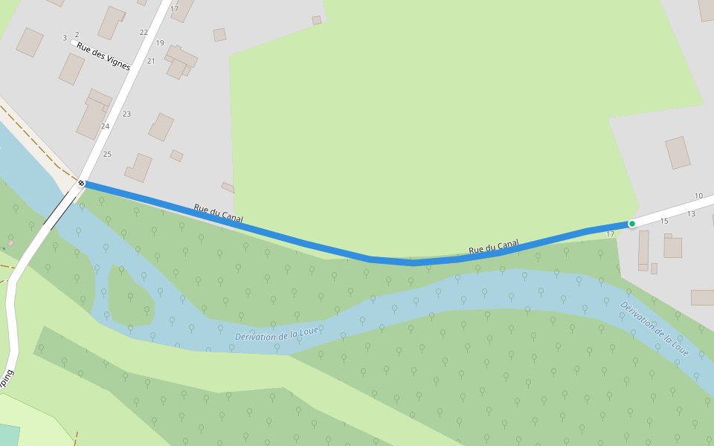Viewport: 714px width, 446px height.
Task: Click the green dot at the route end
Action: coord(632,224)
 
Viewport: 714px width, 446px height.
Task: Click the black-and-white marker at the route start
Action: coord(82,183)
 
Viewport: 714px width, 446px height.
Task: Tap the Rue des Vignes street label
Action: coord(103,56)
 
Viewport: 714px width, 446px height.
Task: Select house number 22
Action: coord(144,33)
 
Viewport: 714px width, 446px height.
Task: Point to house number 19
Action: coord(160,43)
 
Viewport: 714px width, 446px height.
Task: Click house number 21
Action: coord(151,61)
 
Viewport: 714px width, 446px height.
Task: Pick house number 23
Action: coord(126,114)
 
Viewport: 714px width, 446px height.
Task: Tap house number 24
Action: coord(105,126)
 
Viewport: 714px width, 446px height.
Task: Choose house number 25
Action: coord(107,154)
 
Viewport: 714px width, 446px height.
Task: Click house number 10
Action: coord(698,196)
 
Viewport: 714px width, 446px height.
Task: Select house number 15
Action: coord(664,221)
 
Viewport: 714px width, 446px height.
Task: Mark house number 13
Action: coord(691,214)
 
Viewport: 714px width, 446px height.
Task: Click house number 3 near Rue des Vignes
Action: coord(65,37)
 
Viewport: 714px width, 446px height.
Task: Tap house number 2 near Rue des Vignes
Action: coord(77,35)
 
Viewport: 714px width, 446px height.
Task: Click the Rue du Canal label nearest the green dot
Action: coord(494,245)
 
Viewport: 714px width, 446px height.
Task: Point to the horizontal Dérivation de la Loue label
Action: coord(276,336)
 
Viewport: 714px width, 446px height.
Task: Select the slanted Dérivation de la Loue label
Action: coord(654,329)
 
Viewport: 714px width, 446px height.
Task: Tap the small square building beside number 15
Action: coord(673,248)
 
